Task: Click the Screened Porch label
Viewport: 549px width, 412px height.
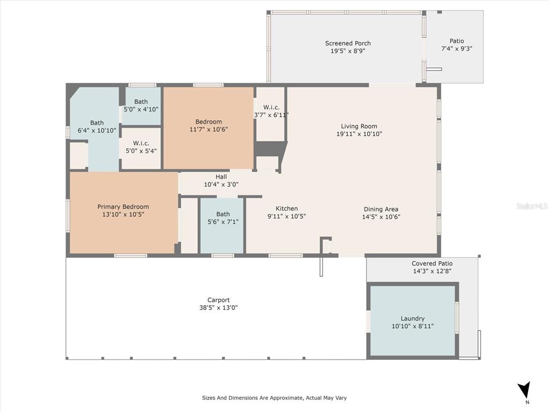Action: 347,43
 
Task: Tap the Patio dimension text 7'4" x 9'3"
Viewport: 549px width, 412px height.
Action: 457,49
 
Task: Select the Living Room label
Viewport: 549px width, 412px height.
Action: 359,126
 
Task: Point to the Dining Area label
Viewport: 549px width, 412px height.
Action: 381,209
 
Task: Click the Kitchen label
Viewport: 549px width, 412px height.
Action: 286,209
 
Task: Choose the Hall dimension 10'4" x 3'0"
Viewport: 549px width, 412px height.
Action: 221,185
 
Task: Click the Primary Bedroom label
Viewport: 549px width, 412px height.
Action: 123,207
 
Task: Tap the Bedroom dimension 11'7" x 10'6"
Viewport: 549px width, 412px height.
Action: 209,129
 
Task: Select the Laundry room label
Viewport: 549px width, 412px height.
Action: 412,319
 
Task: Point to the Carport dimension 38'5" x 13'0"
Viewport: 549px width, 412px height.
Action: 219,307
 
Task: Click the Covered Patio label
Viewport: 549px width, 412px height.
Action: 432,263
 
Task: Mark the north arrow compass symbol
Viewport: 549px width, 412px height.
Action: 524,389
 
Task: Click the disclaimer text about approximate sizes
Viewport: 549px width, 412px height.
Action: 274,398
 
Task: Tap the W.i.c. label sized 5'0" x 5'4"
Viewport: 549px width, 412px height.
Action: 141,143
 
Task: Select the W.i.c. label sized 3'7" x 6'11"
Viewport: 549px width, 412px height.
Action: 271,107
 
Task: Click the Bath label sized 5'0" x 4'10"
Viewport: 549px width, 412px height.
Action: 141,101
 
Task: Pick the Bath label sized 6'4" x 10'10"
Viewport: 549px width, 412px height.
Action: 97,123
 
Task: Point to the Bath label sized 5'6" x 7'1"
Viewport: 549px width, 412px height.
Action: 222,214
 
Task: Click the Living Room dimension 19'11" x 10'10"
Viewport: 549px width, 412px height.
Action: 359,134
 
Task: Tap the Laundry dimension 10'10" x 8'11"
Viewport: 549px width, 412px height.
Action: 412,326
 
